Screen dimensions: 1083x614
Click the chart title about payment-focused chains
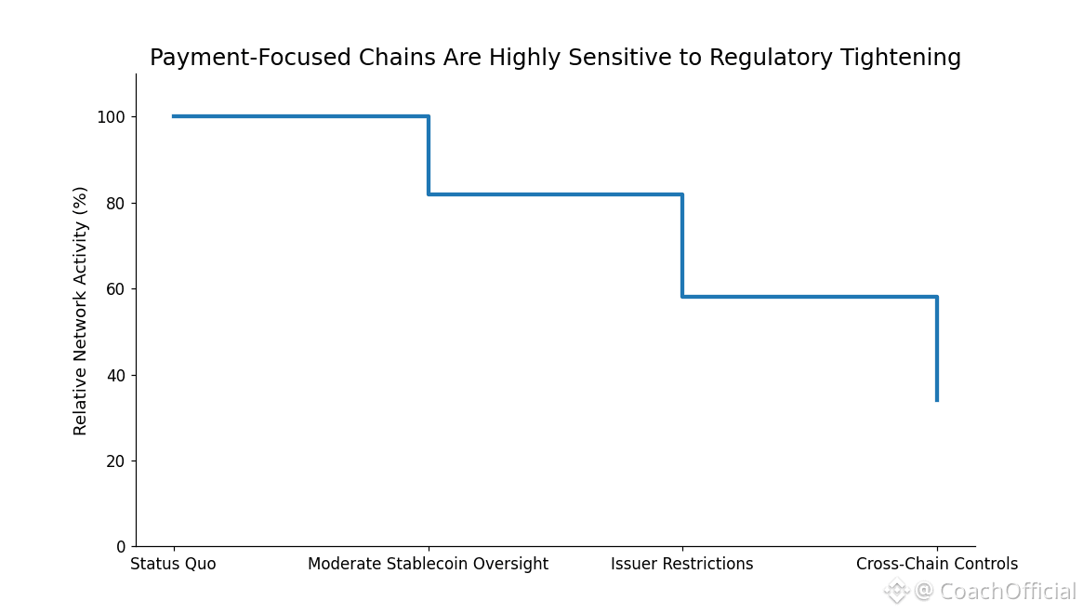(x=555, y=58)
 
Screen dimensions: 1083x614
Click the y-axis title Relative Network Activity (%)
(x=80, y=311)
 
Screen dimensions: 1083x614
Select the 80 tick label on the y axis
(x=116, y=204)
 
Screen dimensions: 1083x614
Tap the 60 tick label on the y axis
(x=116, y=289)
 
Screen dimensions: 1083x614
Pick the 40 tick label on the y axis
(x=116, y=376)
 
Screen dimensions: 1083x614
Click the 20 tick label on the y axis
(x=116, y=461)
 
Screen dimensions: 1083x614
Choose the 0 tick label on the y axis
(x=121, y=547)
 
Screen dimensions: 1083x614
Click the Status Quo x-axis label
(x=173, y=564)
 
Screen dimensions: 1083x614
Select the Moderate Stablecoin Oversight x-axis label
(x=429, y=564)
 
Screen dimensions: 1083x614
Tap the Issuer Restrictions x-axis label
(x=682, y=564)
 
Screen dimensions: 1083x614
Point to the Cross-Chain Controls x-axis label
(x=937, y=564)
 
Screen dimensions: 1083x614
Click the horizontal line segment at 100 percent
(x=300, y=116)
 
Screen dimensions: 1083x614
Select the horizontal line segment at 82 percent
(x=555, y=194)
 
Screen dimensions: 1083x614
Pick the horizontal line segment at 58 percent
(x=810, y=297)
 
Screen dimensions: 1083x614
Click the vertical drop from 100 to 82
(x=429, y=154)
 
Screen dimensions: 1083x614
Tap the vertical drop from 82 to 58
(x=682, y=246)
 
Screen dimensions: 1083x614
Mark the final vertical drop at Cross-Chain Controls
(x=937, y=349)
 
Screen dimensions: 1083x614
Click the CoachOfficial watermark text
(x=996, y=592)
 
